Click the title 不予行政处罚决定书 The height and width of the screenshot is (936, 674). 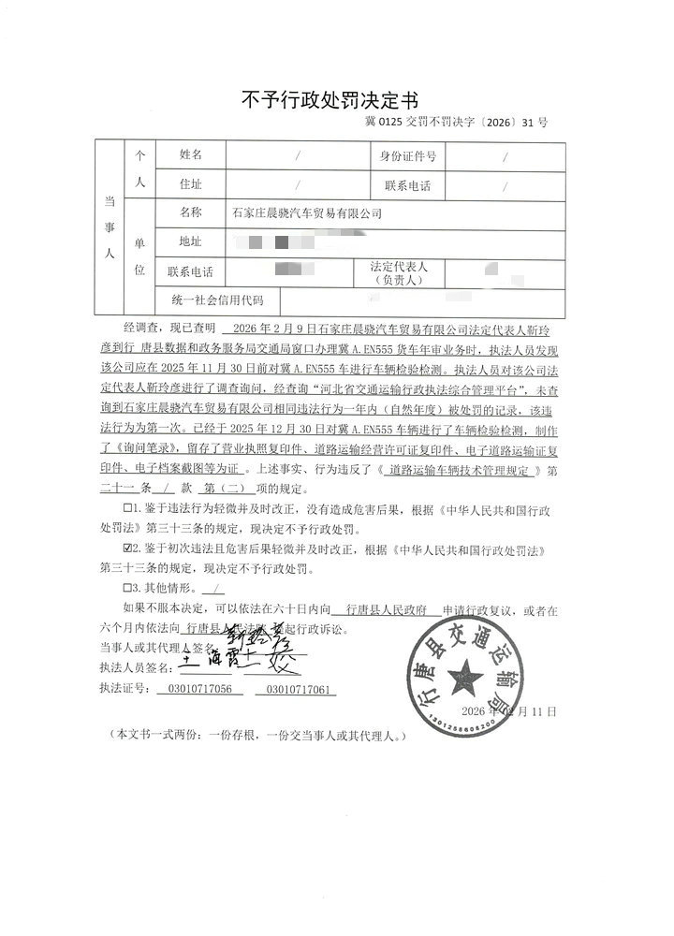coord(330,99)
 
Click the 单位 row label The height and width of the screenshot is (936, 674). coord(140,256)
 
